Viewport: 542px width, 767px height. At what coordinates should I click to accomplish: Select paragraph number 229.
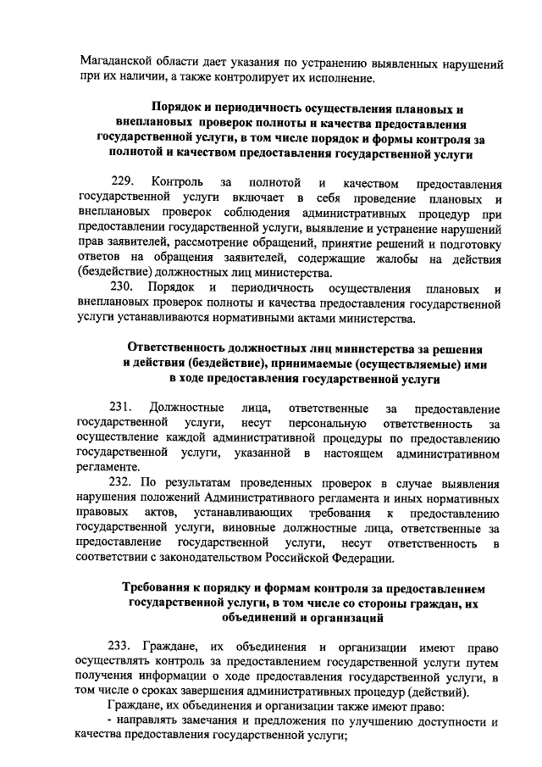124,182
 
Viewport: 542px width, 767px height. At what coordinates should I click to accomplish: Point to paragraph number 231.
124,410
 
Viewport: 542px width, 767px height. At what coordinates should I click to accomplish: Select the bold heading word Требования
163,589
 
